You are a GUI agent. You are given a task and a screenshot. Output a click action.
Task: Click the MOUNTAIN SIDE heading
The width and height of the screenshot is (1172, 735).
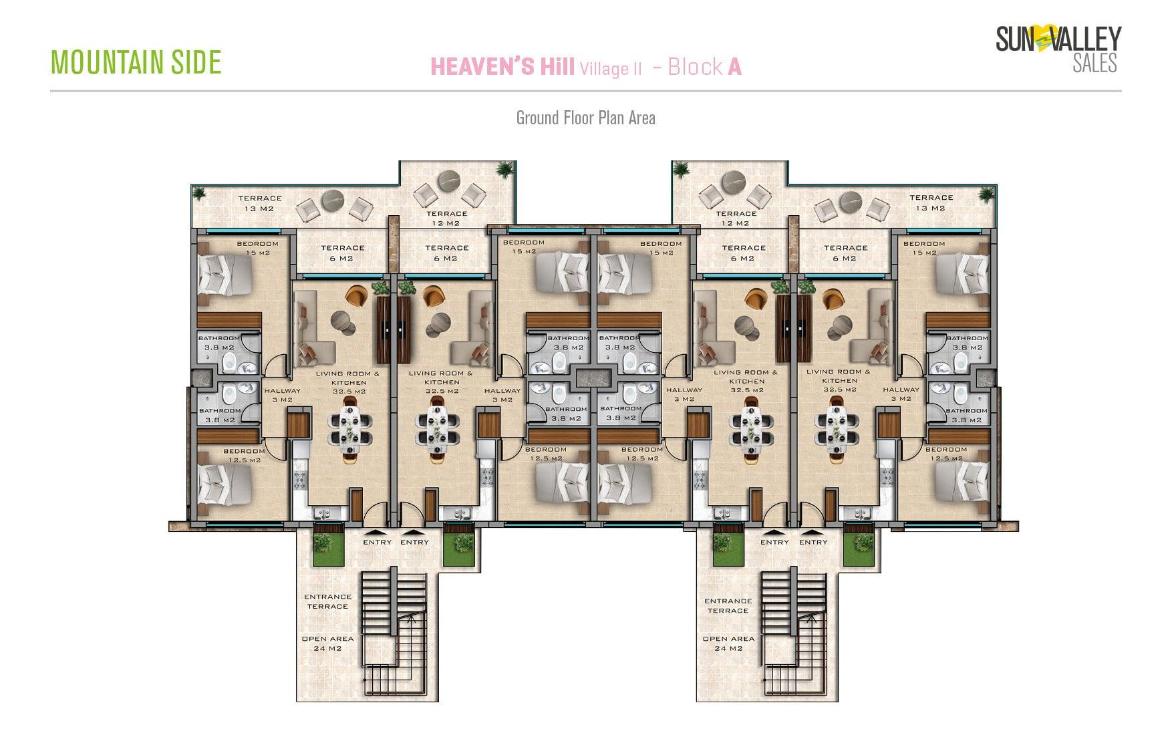[x=136, y=61]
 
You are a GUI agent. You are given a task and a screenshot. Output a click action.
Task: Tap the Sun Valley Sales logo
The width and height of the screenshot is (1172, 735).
[x=1058, y=48]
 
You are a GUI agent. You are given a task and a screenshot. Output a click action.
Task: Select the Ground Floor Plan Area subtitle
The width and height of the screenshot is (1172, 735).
[x=585, y=118]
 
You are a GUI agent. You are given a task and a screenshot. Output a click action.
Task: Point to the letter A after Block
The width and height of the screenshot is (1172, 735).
[x=734, y=66]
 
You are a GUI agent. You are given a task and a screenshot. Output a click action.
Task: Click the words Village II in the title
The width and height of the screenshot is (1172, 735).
[x=611, y=68]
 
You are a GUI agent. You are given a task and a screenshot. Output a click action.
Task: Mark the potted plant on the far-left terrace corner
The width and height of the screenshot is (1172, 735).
[x=198, y=193]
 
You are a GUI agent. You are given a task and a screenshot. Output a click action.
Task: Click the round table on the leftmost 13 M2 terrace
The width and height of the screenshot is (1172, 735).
[x=331, y=201]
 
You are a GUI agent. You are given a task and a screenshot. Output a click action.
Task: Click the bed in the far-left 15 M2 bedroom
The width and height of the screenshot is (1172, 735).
[x=225, y=275]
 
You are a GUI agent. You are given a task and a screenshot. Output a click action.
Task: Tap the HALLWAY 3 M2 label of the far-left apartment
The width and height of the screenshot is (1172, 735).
[x=282, y=395]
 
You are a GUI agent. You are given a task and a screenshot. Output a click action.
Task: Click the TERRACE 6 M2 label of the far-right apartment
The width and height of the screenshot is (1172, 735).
[x=845, y=253]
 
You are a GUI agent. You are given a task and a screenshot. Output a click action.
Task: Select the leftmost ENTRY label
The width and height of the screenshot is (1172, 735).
[x=378, y=542]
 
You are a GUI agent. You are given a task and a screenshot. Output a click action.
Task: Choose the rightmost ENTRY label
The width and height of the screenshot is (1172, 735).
[x=813, y=542]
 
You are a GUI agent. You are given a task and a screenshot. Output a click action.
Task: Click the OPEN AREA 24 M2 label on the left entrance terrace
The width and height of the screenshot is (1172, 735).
[x=327, y=643]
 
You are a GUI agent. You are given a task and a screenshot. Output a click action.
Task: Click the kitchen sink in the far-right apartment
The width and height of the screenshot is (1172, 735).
[x=858, y=513]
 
